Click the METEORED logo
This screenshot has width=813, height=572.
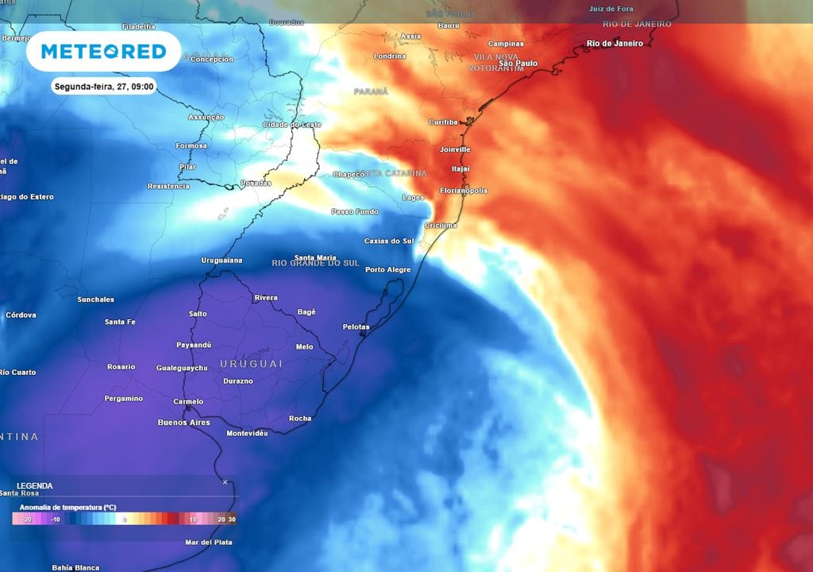pyautogui.click(x=103, y=52)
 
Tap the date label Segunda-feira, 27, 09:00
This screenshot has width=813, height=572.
pyautogui.click(x=104, y=87)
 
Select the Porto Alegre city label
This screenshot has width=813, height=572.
pyautogui.click(x=387, y=270)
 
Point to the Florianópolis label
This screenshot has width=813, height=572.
pyautogui.click(x=464, y=191)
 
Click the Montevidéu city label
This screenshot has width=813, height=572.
pyautogui.click(x=247, y=433)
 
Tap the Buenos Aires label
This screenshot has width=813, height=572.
pyautogui.click(x=183, y=423)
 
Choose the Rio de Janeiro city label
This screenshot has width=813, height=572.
pyautogui.click(x=614, y=44)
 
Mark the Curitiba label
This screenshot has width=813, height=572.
pyautogui.click(x=443, y=122)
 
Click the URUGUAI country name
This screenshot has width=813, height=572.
pyautogui.click(x=251, y=363)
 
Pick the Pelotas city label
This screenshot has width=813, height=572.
pyautogui.click(x=356, y=327)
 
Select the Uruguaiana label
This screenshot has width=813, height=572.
pyautogui.click(x=222, y=261)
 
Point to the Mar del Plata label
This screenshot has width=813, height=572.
pyautogui.click(x=209, y=543)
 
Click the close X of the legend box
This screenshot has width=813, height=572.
pyautogui.click(x=225, y=482)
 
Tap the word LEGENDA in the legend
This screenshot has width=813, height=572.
pyautogui.click(x=35, y=485)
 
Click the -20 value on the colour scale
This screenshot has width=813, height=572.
pyautogui.click(x=26, y=520)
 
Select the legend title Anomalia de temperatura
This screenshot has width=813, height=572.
pyautogui.click(x=67, y=506)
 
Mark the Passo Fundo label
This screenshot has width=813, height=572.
pyautogui.click(x=355, y=212)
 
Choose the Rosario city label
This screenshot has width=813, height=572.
pyautogui.click(x=121, y=367)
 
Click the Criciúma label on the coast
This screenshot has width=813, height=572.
pyautogui.click(x=441, y=226)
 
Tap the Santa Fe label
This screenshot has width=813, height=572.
pyautogui.click(x=120, y=322)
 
